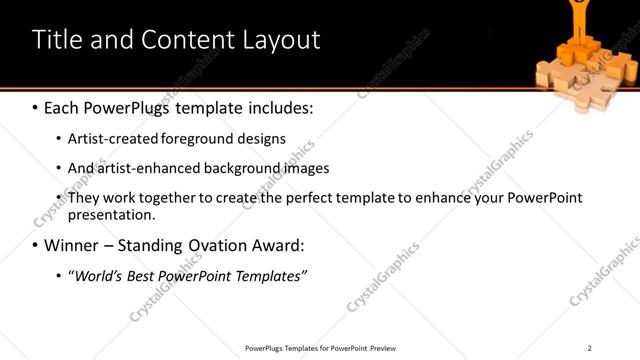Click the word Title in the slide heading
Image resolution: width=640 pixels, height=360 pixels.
(56, 40)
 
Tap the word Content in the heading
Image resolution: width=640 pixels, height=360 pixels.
(189, 40)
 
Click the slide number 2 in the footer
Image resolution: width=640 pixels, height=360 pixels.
(589, 348)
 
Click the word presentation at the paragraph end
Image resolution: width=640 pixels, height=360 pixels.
(110, 214)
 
